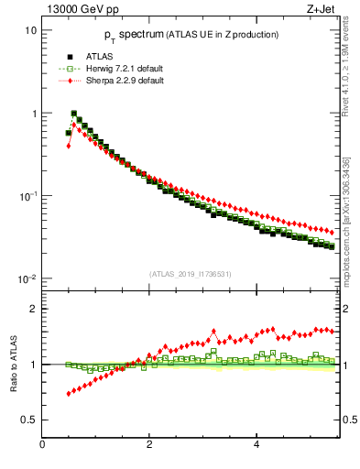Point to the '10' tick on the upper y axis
30,30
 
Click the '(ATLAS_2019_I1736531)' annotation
189,274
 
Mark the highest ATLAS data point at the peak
73,115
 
